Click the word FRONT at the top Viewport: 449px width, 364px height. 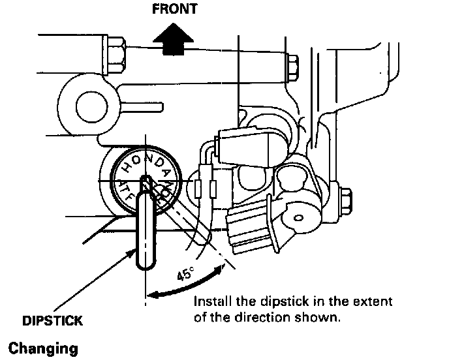pyautogui.click(x=174, y=10)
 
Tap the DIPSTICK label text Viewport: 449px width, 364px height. pyautogui.click(x=53, y=321)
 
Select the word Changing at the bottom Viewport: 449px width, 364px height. pyautogui.click(x=43, y=348)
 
